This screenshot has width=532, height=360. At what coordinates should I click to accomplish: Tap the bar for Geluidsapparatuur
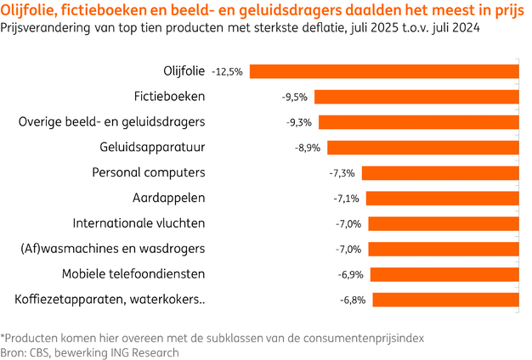[x=422, y=147]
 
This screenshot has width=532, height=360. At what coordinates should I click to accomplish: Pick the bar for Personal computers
[x=441, y=173]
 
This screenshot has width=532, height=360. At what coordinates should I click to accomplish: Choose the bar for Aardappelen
[x=443, y=199]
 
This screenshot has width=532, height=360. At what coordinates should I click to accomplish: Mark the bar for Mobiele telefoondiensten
[x=444, y=274]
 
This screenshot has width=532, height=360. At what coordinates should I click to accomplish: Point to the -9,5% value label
[x=294, y=97]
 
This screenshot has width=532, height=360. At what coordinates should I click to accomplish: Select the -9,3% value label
[x=298, y=122]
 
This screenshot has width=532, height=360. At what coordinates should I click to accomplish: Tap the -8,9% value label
[x=307, y=148]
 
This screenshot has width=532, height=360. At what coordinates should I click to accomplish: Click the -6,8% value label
[x=352, y=301]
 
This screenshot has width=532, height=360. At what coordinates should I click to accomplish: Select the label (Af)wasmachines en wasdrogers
[x=112, y=250]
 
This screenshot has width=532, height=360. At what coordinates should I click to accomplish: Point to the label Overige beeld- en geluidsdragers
[x=111, y=122]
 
